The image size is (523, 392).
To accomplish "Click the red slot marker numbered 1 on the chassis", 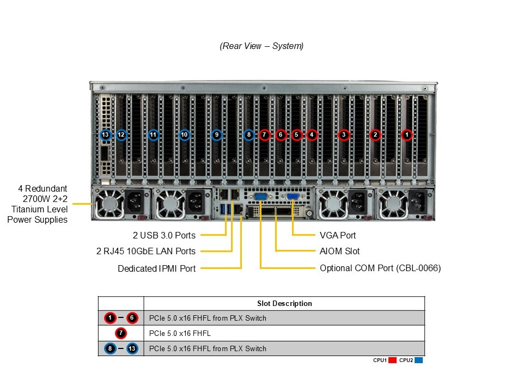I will (406, 134).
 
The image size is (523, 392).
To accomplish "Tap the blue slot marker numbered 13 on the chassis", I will (106, 134).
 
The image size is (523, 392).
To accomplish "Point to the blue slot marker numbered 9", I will (217, 134).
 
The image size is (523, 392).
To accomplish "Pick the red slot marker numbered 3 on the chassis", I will (343, 134).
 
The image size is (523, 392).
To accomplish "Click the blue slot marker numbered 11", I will (153, 134).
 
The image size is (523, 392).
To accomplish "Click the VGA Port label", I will (338, 235).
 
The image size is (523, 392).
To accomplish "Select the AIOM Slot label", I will (339, 251).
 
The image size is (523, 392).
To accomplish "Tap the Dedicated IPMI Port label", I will (156, 268).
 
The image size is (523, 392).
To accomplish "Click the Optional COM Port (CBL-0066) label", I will (380, 268).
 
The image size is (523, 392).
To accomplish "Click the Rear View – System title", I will (261, 46).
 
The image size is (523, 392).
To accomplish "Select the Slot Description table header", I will (284, 303).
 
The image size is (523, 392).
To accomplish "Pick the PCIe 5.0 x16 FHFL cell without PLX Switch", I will (179, 333).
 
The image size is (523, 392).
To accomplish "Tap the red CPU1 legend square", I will (392, 360).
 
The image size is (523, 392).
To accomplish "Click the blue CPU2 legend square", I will (418, 360).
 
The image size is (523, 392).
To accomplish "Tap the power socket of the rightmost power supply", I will (418, 203).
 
